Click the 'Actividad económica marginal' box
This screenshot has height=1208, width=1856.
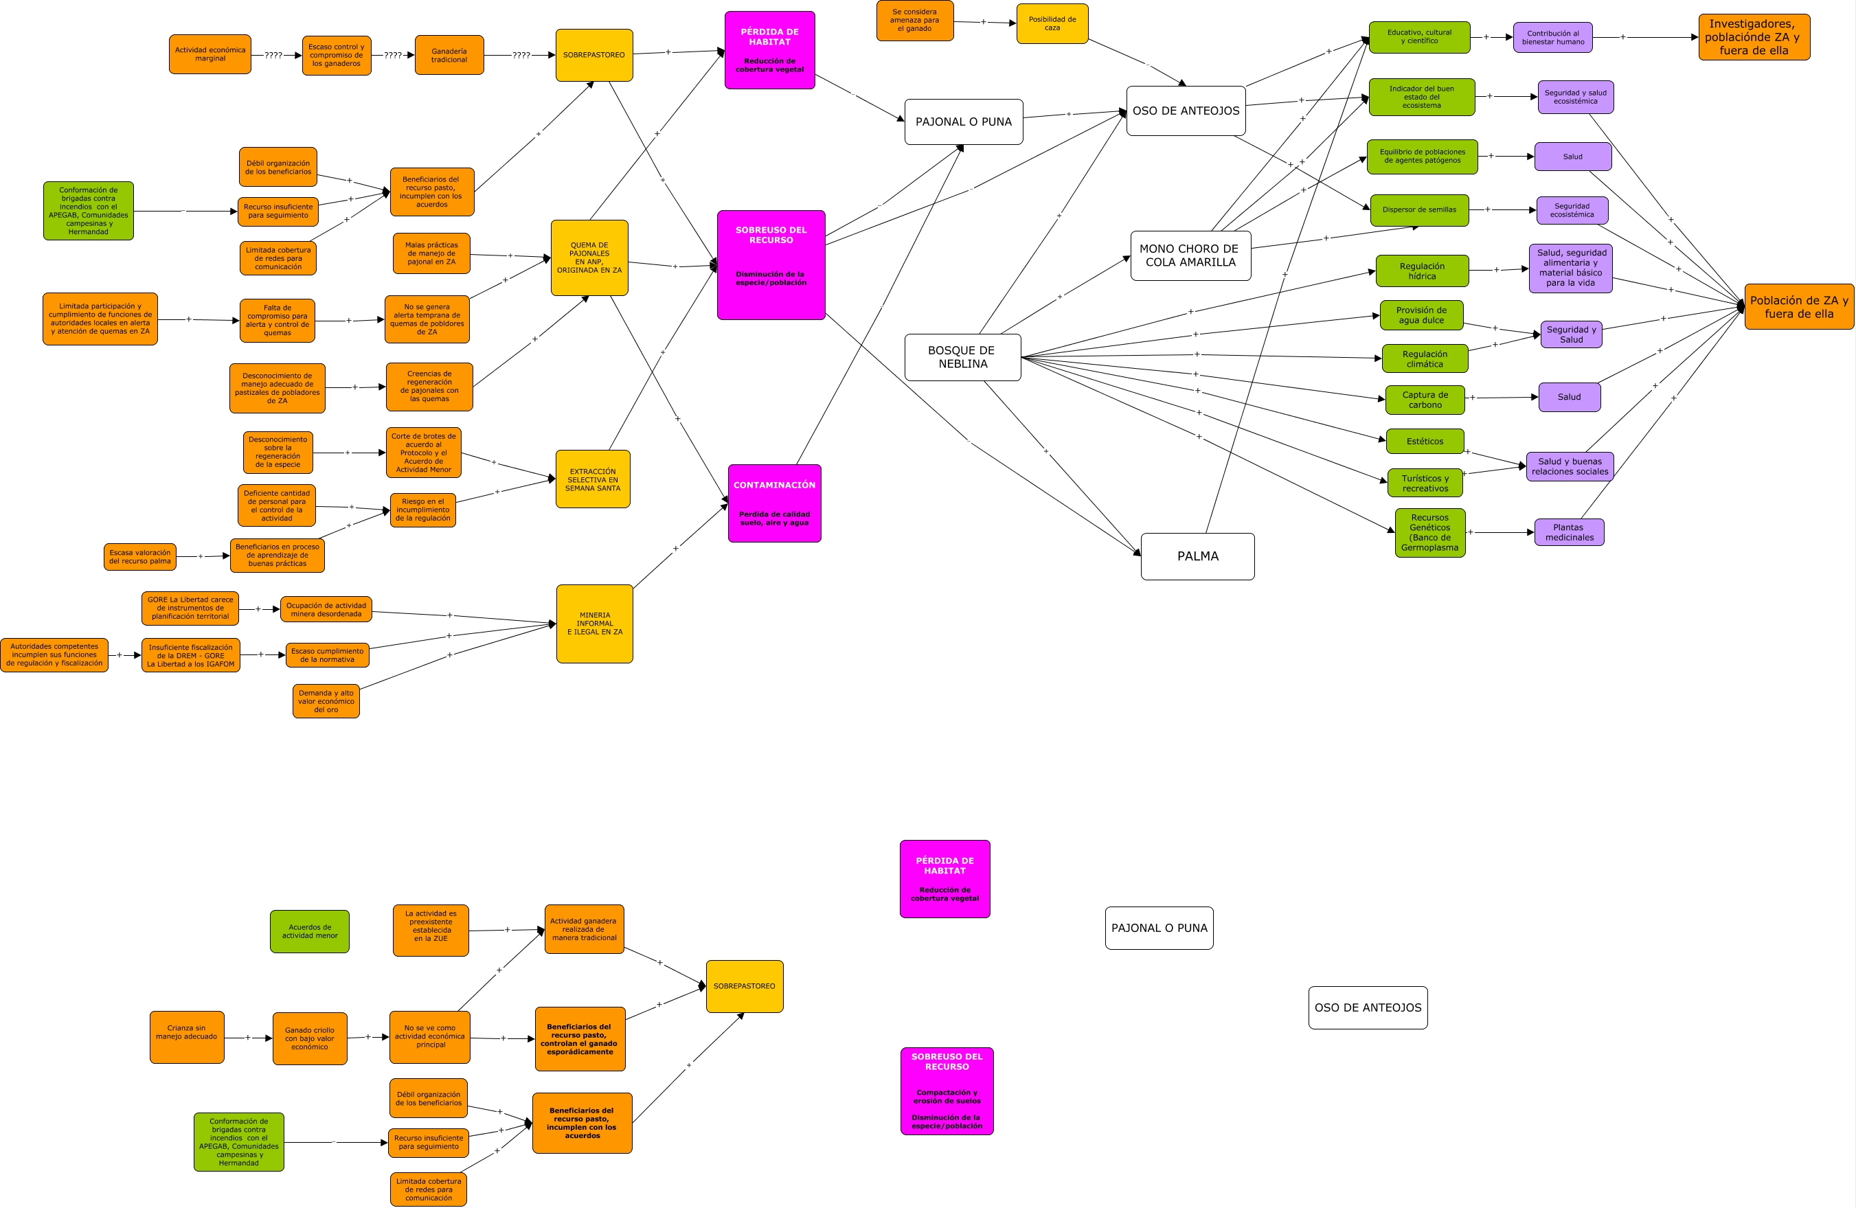point(210,54)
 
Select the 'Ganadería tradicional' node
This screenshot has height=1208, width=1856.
point(449,54)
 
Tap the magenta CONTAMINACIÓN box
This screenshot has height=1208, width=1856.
point(774,503)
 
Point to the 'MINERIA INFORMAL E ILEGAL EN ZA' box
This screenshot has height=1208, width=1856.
point(594,624)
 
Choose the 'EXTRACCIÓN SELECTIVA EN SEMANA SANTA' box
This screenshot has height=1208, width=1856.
point(593,479)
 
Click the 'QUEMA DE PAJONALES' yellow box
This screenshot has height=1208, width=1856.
point(589,258)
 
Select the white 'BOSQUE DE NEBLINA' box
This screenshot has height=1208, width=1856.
point(963,357)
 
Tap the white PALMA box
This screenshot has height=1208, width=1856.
point(1198,556)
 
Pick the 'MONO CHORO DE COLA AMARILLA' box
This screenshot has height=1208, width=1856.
point(1191,255)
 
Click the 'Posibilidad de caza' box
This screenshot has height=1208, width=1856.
point(1052,23)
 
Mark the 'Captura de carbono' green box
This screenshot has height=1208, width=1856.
point(1425,399)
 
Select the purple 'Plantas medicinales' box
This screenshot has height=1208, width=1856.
point(1569,532)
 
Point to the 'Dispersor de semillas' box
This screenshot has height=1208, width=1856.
point(1419,209)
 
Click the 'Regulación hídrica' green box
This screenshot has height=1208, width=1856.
point(1423,271)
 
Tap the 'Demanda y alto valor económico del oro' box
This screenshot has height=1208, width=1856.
point(326,701)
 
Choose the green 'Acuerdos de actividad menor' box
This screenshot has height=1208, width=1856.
point(310,931)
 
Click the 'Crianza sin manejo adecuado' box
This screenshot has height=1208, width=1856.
point(187,1037)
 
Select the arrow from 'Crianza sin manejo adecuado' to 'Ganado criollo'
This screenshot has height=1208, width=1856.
point(249,1038)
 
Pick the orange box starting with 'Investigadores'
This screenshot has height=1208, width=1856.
point(1754,36)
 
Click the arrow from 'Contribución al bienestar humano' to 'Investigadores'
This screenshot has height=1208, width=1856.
point(1645,38)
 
